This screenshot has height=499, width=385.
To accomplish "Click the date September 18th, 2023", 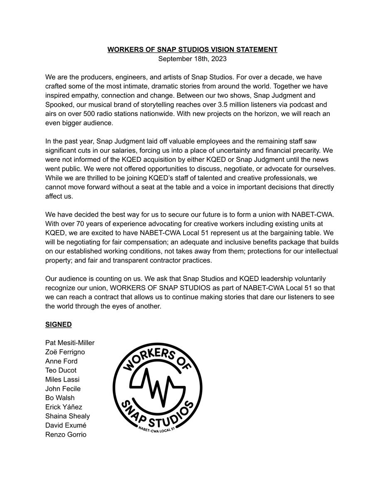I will click(192, 59).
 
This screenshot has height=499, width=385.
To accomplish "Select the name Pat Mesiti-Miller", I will click(70, 343).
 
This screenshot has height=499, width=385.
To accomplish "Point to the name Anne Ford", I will click(61, 361).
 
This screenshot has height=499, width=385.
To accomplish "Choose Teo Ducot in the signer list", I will click(61, 371).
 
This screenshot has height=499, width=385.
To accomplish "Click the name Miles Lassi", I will click(62, 380).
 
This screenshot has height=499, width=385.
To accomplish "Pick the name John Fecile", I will click(63, 389).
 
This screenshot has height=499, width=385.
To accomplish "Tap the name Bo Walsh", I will click(60, 398).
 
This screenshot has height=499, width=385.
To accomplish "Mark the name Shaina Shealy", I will click(68, 416).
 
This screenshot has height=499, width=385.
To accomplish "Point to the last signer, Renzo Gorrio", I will click(66, 435).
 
